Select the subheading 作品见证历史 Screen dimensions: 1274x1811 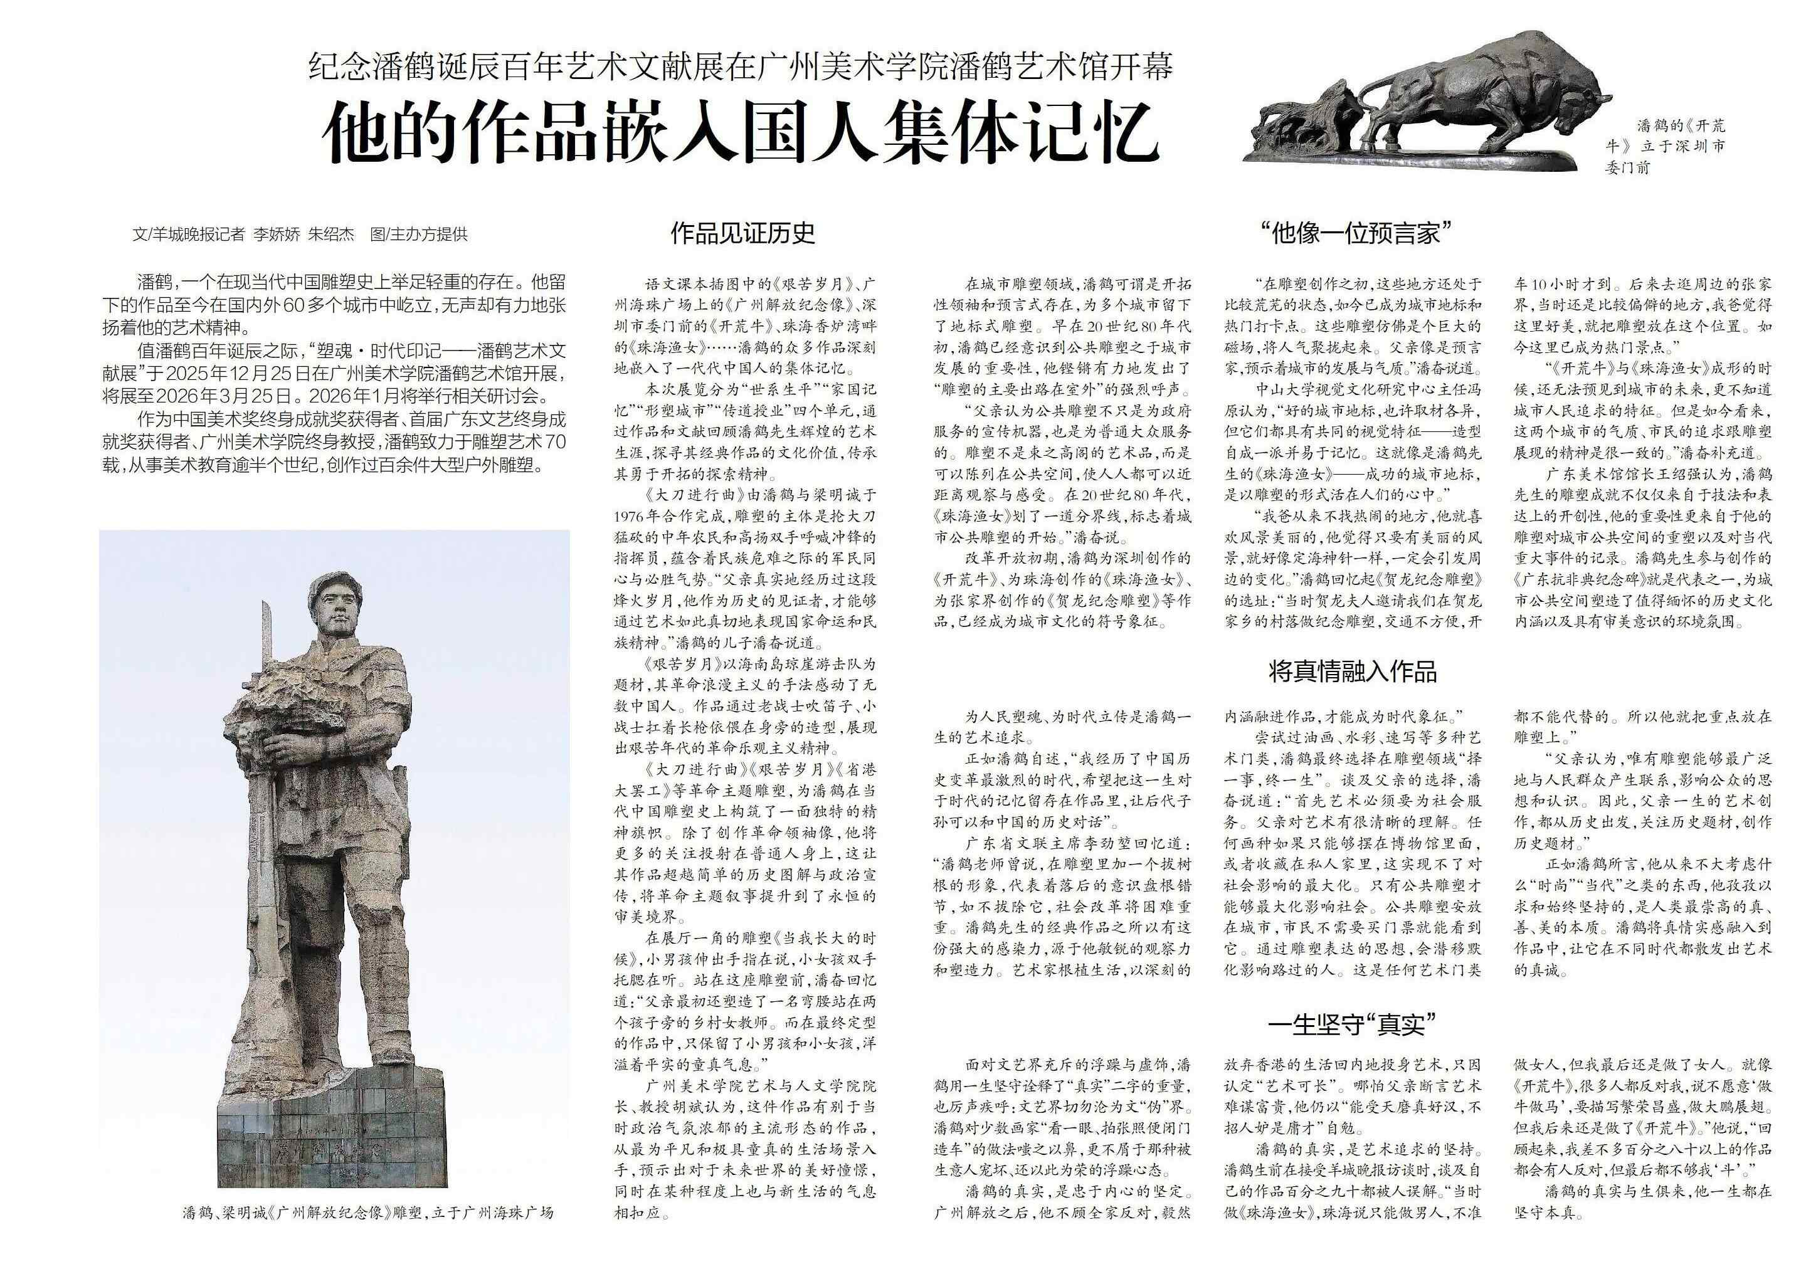(x=741, y=233)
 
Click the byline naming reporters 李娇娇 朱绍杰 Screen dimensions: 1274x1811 (x=300, y=234)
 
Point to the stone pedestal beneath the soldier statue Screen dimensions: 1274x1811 (x=331, y=1136)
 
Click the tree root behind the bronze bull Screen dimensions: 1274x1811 (x=1301, y=118)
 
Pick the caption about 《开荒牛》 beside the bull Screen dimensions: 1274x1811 (x=1664, y=146)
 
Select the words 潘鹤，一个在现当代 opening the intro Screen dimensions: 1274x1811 (x=209, y=282)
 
